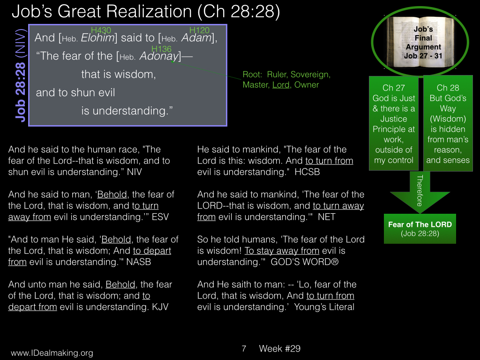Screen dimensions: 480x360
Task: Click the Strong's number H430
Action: (x=101, y=30)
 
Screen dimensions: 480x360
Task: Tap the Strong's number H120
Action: (x=199, y=30)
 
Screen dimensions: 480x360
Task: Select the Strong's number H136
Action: (x=161, y=49)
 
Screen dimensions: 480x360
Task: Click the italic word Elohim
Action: (x=98, y=38)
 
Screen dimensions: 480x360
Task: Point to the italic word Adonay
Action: (x=159, y=56)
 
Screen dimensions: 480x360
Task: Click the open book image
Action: (x=420, y=42)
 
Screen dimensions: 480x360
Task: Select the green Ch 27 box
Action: (x=394, y=123)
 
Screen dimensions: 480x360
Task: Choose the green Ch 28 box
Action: (x=448, y=123)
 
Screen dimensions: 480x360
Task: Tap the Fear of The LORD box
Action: (x=420, y=229)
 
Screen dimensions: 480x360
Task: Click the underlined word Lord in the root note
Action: (x=281, y=85)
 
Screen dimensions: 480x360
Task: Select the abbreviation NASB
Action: (x=139, y=262)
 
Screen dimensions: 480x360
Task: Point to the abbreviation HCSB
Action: (x=307, y=172)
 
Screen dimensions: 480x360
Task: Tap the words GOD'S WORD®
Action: (x=305, y=262)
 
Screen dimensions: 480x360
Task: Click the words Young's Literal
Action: (x=324, y=307)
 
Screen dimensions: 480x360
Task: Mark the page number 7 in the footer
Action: (x=244, y=349)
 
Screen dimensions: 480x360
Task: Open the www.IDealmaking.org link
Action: (x=52, y=353)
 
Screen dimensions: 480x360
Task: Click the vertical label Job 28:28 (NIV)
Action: (x=21, y=75)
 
